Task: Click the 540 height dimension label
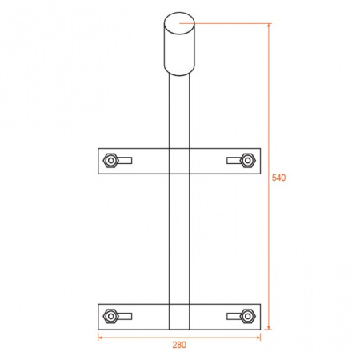click(278, 178)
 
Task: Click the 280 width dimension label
click(179, 345)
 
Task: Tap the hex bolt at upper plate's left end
click(110, 161)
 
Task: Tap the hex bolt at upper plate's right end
click(248, 161)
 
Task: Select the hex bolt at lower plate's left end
click(110, 316)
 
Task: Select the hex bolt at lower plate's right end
click(248, 316)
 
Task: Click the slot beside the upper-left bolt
click(125, 161)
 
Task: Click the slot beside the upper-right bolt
click(234, 161)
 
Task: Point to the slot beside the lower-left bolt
click(125, 316)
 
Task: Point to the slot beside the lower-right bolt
click(234, 316)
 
